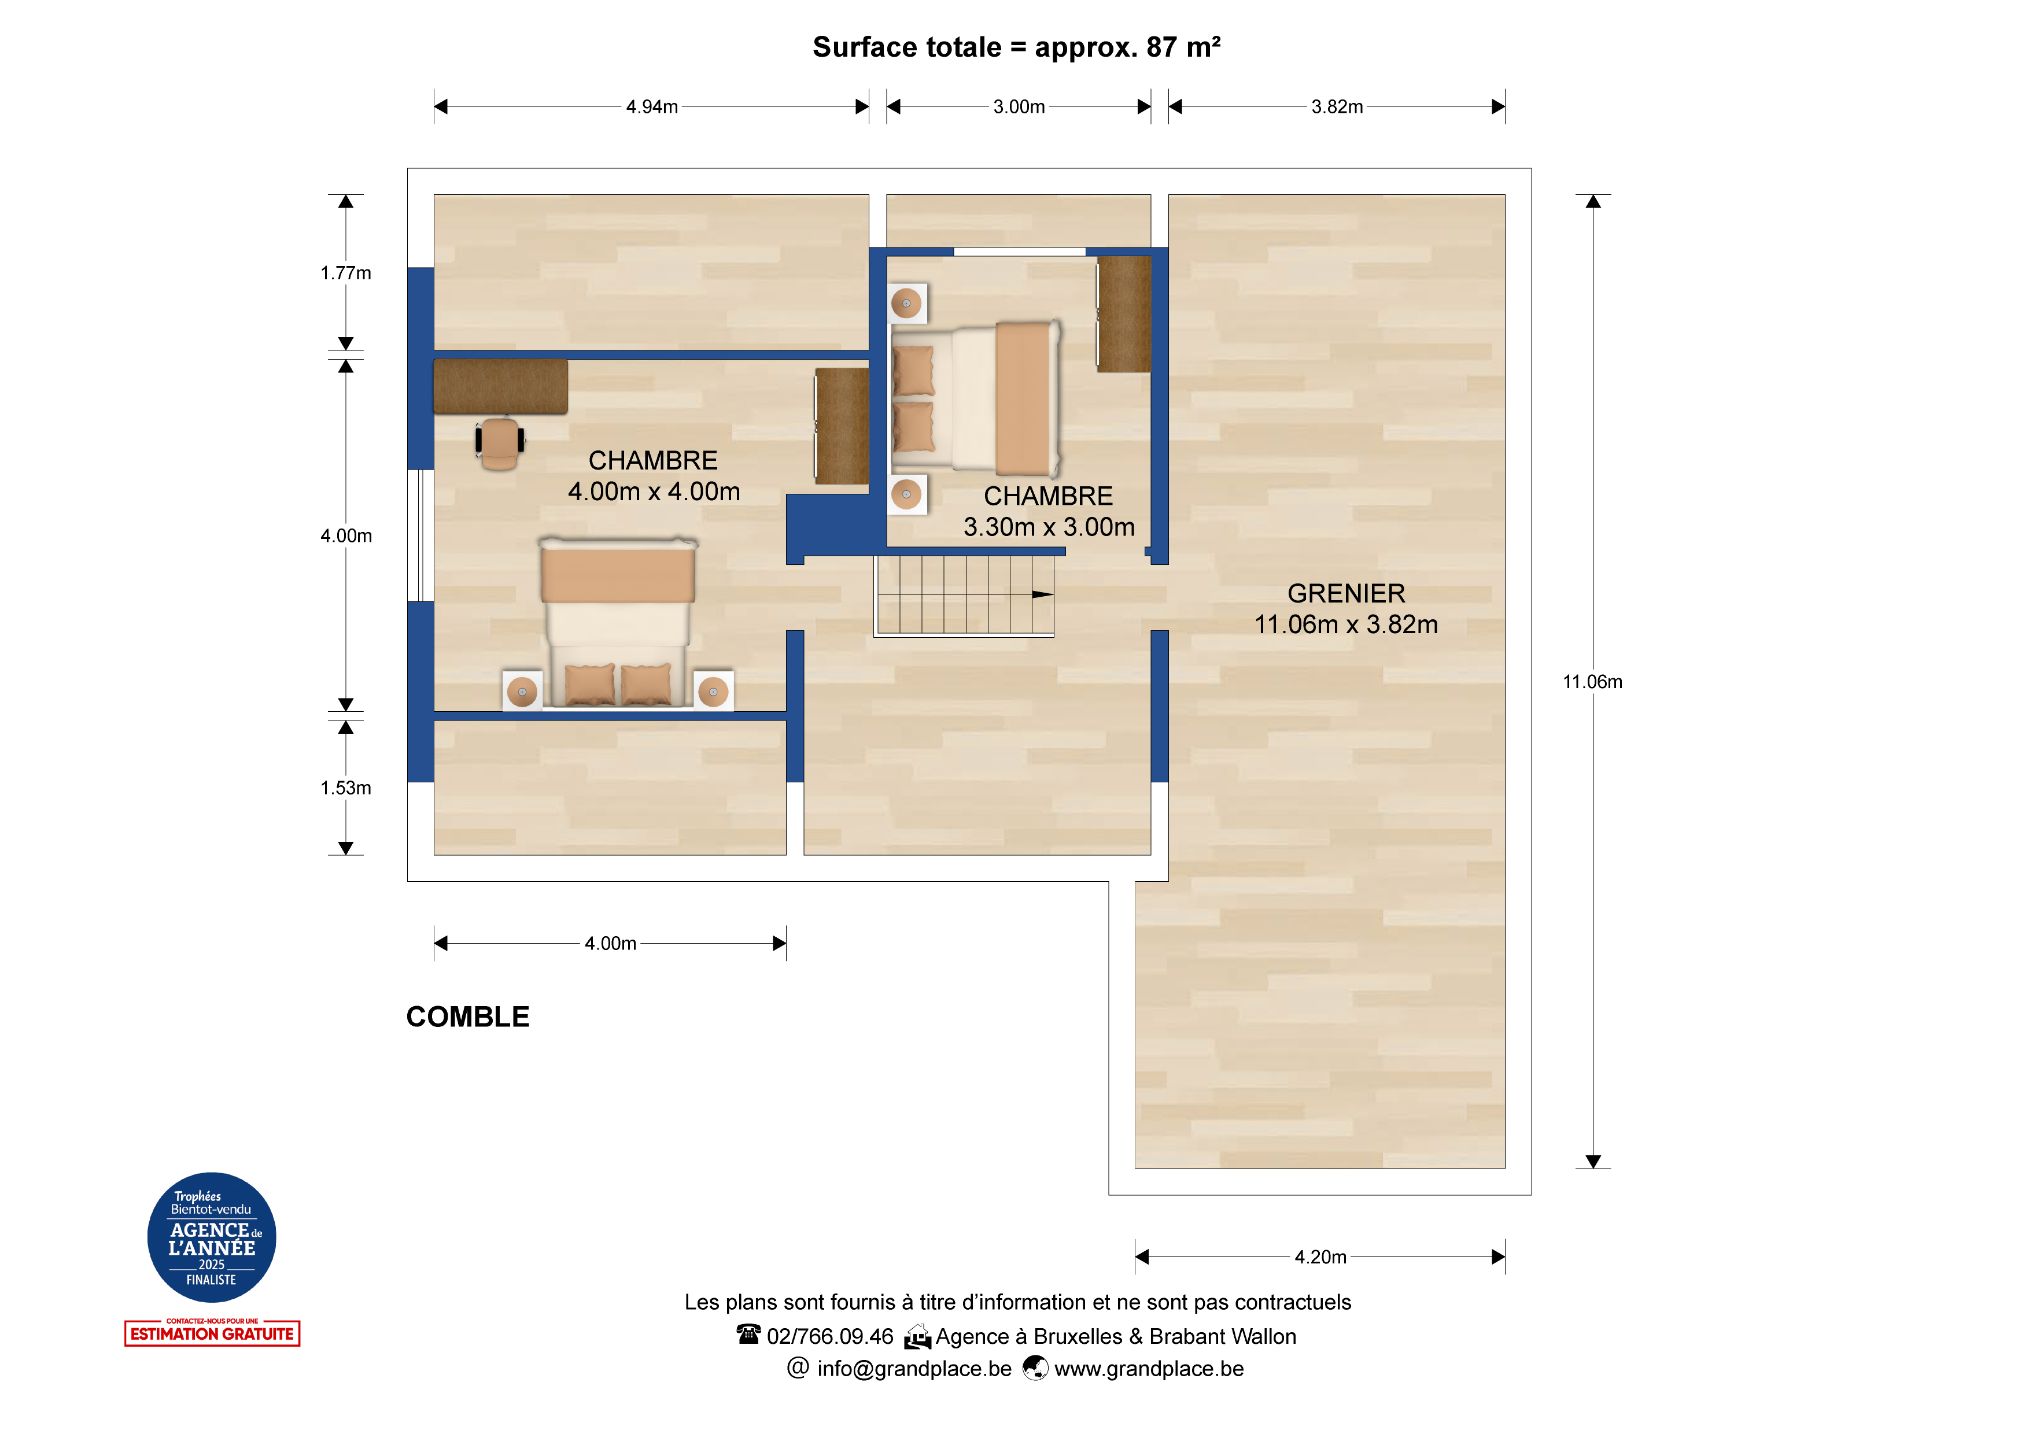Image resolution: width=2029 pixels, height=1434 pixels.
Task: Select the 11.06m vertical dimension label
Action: pyautogui.click(x=1592, y=682)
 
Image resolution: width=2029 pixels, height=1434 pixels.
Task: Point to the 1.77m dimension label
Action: pyautogui.click(x=345, y=273)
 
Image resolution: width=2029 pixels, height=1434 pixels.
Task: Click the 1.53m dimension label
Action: pyautogui.click(x=345, y=788)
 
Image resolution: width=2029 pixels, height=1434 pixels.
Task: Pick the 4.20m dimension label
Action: pyautogui.click(x=1320, y=1256)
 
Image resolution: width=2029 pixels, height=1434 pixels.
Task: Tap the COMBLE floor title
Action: pyautogui.click(x=467, y=1017)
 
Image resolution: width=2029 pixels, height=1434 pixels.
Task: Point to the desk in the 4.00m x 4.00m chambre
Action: pyautogui.click(x=500, y=386)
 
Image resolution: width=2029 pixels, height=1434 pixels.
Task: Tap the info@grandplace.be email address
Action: pyautogui.click(x=914, y=1369)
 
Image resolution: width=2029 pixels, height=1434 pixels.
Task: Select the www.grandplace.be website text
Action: pyautogui.click(x=1149, y=1369)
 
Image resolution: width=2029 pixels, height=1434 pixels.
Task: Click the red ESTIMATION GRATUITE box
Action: pyautogui.click(x=212, y=1333)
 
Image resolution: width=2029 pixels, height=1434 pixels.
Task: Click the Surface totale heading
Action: pyautogui.click(x=1016, y=47)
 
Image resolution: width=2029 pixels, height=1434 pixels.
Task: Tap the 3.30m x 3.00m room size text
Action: pyautogui.click(x=1049, y=527)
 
